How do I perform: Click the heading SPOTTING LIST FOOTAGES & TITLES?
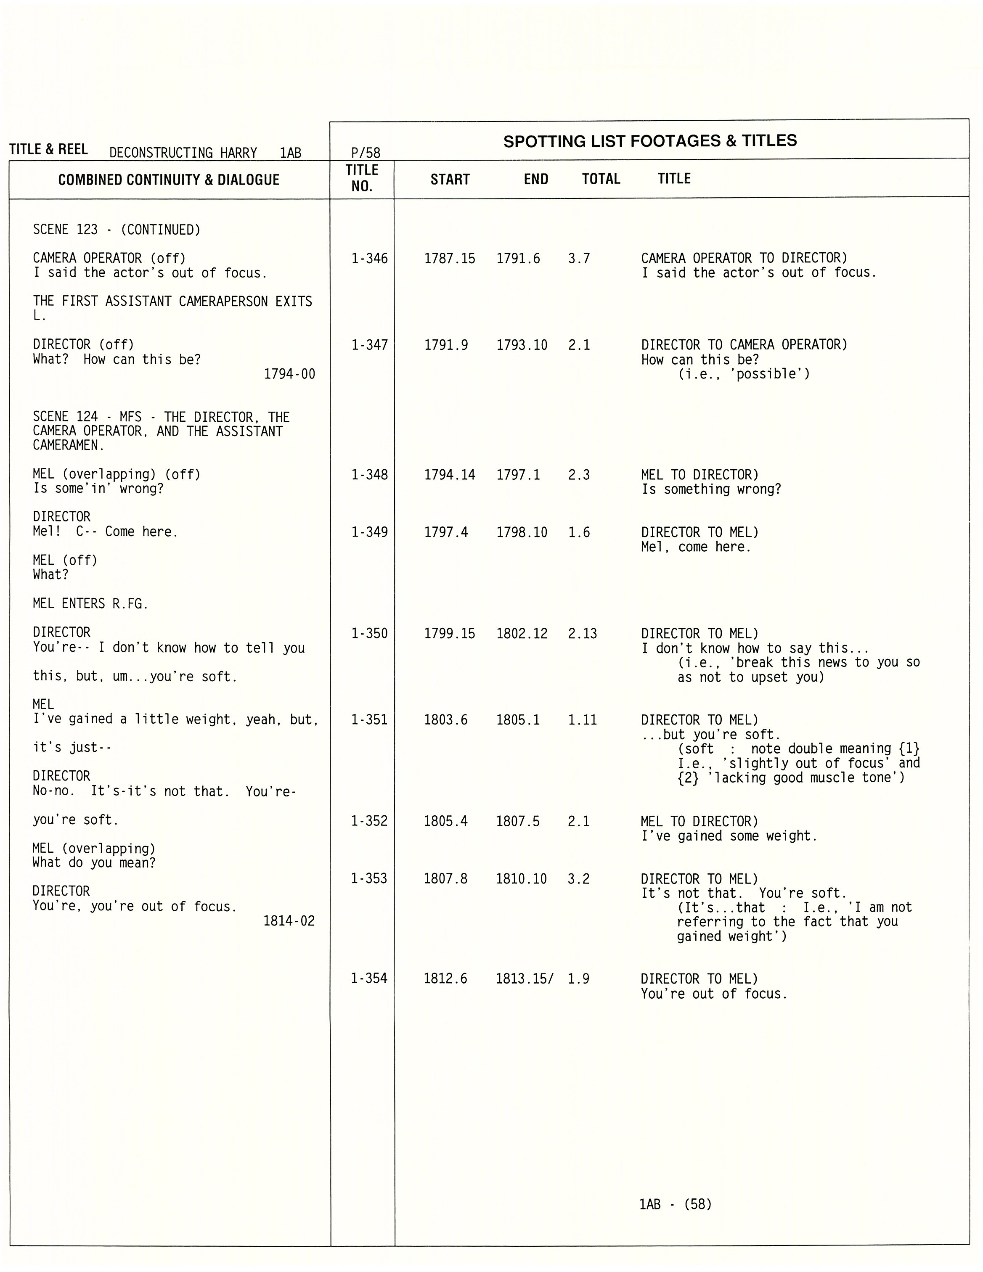point(650,141)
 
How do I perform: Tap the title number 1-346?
point(369,259)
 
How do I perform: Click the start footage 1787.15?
point(449,259)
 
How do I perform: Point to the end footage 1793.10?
point(522,345)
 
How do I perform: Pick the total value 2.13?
point(582,634)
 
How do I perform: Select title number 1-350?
point(369,634)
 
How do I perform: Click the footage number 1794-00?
point(289,374)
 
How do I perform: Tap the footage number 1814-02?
point(289,921)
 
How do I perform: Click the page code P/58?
point(366,153)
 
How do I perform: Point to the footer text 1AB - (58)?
point(676,1204)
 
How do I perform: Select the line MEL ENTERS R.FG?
point(90,603)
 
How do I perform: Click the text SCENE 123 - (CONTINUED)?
point(117,230)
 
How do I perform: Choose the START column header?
point(450,180)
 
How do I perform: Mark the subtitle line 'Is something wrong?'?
point(711,489)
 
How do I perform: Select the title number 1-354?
point(369,978)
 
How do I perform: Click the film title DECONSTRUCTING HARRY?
point(183,153)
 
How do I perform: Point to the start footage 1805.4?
point(446,821)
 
